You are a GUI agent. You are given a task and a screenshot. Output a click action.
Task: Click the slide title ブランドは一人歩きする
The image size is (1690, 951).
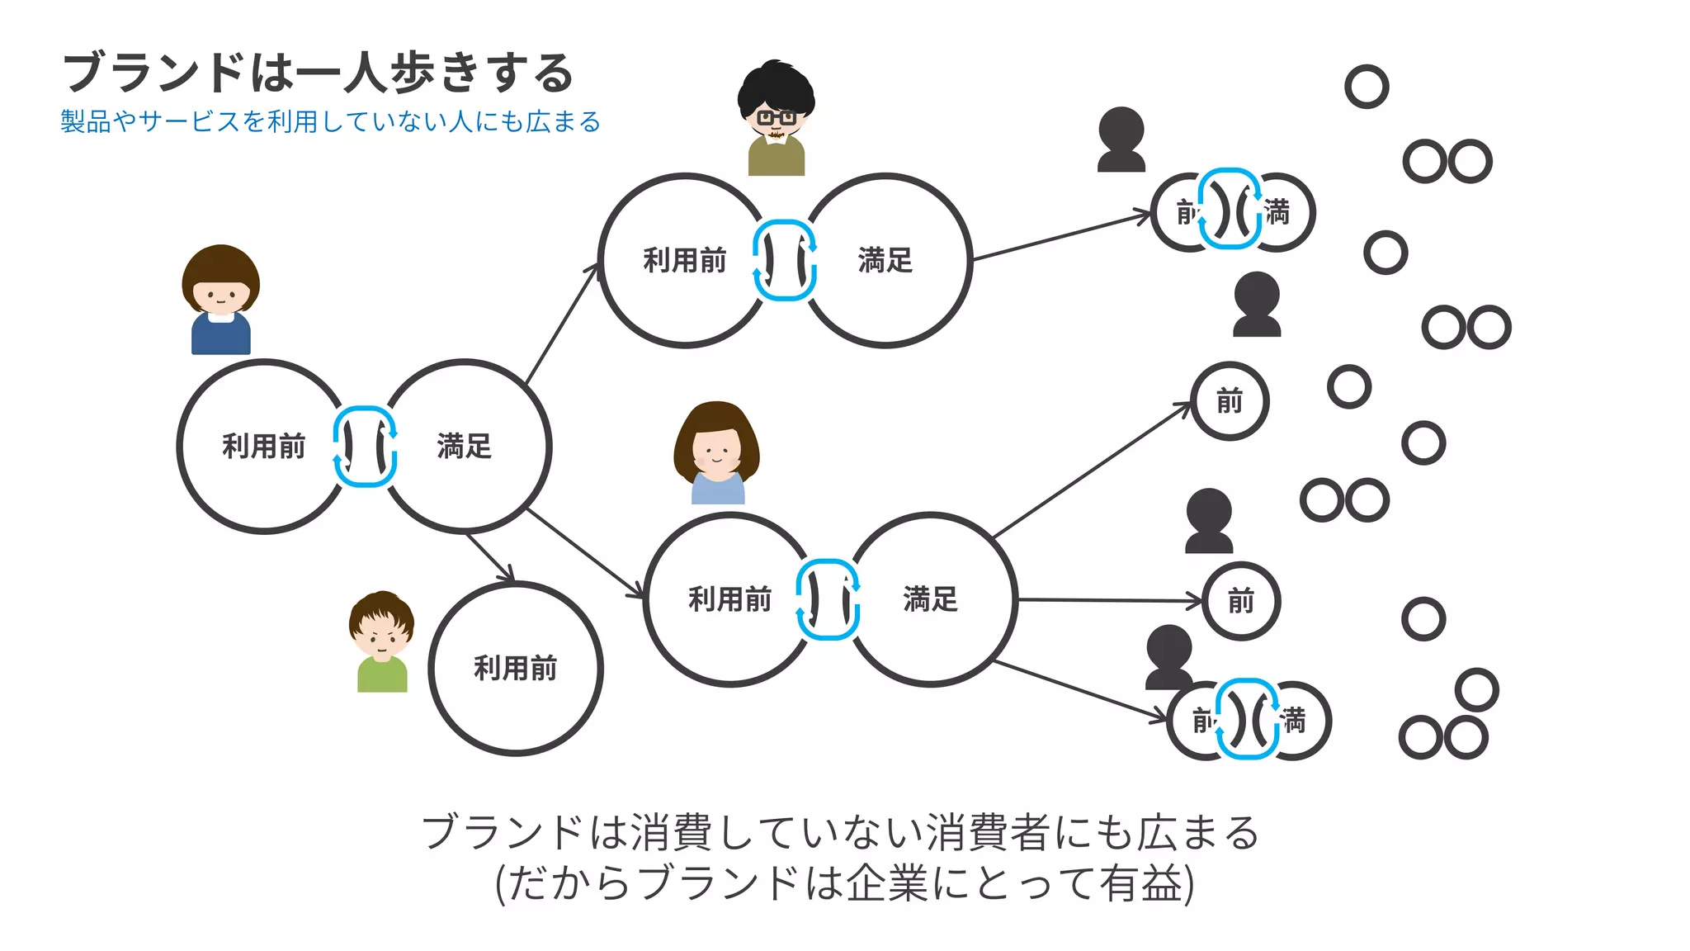click(x=318, y=73)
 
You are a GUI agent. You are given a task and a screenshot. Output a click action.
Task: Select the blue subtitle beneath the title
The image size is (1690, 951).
click(x=330, y=122)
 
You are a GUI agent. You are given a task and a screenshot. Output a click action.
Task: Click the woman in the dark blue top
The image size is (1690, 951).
click(x=220, y=300)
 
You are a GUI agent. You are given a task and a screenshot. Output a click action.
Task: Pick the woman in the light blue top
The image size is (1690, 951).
click(x=716, y=453)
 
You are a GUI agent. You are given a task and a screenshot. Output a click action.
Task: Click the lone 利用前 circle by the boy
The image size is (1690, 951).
click(x=516, y=668)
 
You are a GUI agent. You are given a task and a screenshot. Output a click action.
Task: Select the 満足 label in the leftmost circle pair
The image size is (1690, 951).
click(x=465, y=447)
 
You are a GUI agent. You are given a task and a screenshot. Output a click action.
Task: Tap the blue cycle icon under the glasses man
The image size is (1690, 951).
click(x=785, y=260)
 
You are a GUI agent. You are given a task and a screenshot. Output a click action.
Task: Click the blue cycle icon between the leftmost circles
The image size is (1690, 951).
click(x=365, y=447)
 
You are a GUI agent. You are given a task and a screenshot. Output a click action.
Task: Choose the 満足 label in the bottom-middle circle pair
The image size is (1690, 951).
click(x=931, y=599)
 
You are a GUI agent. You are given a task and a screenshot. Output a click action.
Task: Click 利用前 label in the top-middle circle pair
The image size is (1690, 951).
click(x=685, y=261)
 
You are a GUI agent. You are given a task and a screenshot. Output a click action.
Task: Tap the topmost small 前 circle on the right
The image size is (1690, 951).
click(x=1230, y=401)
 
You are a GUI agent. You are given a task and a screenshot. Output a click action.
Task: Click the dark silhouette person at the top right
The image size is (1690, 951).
click(x=1121, y=140)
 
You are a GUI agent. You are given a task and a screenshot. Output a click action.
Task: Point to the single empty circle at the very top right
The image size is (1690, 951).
click(x=1367, y=87)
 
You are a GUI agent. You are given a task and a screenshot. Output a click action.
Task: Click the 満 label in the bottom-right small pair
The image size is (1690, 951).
click(x=1295, y=721)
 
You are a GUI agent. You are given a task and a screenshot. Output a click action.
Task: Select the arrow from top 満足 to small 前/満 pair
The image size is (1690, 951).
click(x=1060, y=238)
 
